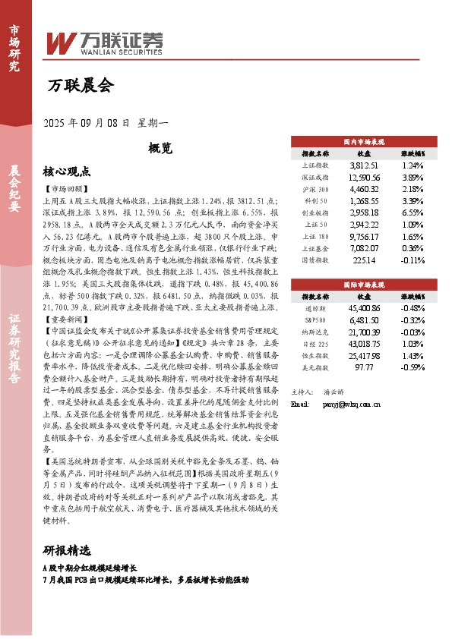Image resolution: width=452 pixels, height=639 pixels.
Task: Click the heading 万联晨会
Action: tap(81, 86)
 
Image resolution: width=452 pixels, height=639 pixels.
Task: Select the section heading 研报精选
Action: tap(67, 550)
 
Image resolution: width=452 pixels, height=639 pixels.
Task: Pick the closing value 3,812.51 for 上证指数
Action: tap(363, 165)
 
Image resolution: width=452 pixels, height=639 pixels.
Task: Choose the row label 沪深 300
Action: tap(315, 189)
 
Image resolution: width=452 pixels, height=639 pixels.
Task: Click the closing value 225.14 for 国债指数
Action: tap(363, 260)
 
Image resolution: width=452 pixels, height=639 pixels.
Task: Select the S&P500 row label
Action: tap(315, 320)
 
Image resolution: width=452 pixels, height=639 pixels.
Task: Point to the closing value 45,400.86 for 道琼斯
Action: tap(363, 308)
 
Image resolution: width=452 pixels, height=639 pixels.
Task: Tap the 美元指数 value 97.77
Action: tap(363, 368)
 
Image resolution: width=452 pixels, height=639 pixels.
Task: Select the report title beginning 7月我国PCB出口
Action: tap(146, 579)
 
